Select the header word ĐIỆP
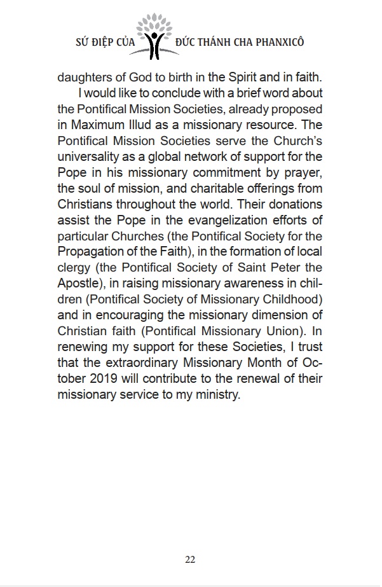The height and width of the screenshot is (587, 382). (x=99, y=42)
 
